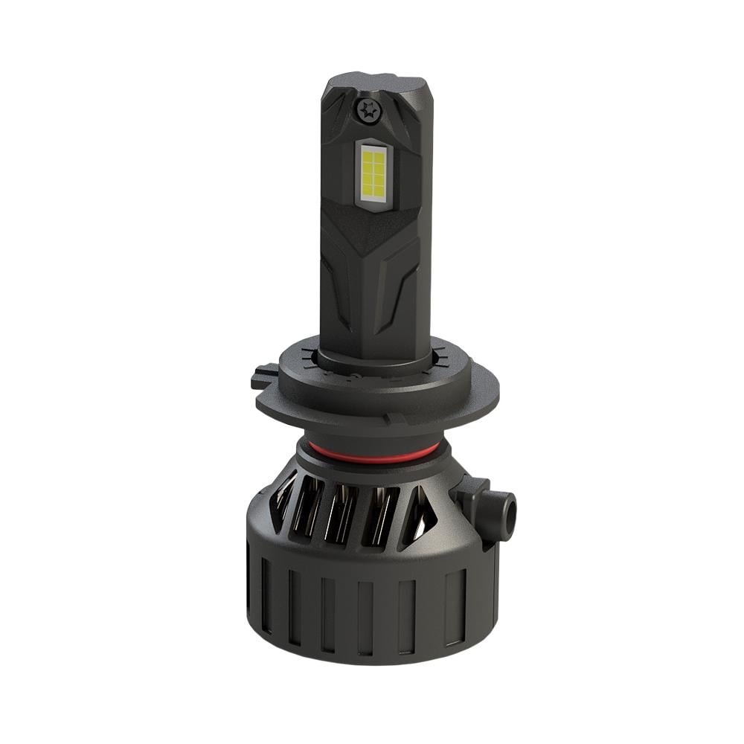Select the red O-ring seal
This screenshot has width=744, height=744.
[372, 452]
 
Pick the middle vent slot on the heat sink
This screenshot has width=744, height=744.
[343, 513]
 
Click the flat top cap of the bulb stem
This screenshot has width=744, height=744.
[372, 80]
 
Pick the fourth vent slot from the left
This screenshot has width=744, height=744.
[379, 514]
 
